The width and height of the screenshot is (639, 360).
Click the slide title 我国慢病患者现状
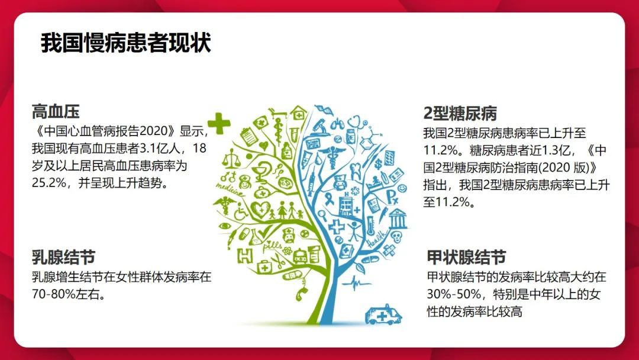(125, 43)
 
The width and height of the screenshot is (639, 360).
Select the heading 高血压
(56, 111)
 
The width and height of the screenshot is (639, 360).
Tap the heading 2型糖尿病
(460, 113)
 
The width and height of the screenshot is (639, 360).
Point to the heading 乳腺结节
(63, 257)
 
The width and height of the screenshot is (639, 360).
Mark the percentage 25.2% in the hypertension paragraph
(46, 182)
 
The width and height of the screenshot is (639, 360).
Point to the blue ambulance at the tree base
(383, 314)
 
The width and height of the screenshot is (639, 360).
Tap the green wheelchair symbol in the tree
(241, 212)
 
